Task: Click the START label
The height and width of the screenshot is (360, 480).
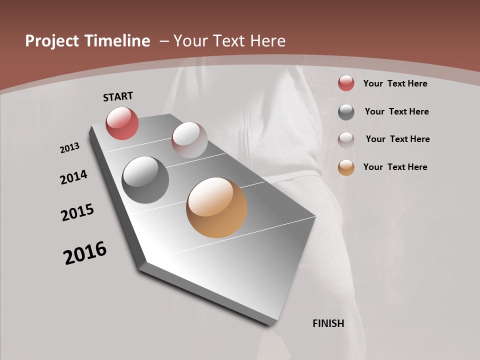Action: (x=118, y=96)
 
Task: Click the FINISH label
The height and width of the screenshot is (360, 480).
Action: (x=328, y=323)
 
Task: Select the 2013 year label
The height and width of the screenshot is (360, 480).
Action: (x=69, y=148)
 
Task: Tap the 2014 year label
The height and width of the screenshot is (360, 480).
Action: (x=73, y=177)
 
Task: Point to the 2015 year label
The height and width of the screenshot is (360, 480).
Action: (x=77, y=212)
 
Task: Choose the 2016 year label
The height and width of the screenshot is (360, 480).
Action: (x=85, y=253)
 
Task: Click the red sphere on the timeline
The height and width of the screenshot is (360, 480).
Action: (x=122, y=123)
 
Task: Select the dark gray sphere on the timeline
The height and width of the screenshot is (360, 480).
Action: (x=145, y=180)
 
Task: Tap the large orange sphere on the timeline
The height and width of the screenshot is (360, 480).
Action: (x=216, y=207)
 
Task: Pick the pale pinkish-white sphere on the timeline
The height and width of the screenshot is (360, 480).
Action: (x=189, y=140)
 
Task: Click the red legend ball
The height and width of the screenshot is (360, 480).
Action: (x=346, y=83)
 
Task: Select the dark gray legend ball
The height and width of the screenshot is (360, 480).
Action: (x=346, y=112)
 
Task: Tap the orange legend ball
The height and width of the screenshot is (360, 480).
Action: (x=346, y=167)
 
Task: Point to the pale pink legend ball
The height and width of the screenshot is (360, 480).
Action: (x=346, y=139)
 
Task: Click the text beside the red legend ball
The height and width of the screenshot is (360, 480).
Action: (x=395, y=83)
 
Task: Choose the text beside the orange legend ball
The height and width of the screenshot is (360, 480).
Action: (x=395, y=167)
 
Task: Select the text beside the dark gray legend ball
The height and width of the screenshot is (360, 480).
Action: (x=396, y=111)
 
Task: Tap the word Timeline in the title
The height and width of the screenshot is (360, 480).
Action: (x=118, y=41)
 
